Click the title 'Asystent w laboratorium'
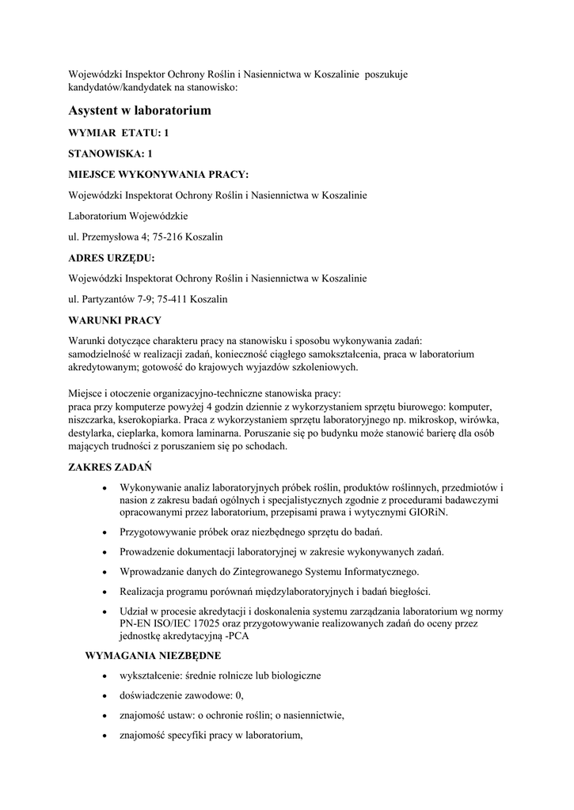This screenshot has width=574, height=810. (x=140, y=110)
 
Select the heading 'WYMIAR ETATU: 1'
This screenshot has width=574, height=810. (x=119, y=134)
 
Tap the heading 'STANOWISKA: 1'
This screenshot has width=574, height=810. (x=110, y=153)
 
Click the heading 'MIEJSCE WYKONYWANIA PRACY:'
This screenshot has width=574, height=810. (x=158, y=174)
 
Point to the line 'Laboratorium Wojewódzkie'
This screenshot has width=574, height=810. (x=128, y=215)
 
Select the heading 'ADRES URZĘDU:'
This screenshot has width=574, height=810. (x=112, y=257)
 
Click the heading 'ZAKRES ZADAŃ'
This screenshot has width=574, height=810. (x=111, y=467)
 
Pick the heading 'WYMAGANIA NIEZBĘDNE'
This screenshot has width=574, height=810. (x=153, y=655)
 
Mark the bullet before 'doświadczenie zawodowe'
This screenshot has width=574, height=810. (x=105, y=695)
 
